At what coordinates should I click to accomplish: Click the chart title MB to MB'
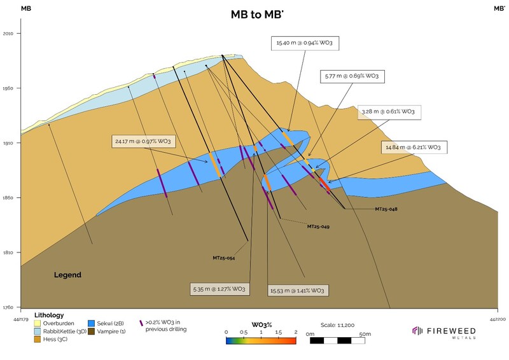click(257, 15)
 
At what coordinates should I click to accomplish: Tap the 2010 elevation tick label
click(8, 34)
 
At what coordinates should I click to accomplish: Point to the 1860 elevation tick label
click(8, 198)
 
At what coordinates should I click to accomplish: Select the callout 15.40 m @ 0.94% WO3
click(305, 43)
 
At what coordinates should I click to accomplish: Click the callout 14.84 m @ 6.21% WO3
click(414, 148)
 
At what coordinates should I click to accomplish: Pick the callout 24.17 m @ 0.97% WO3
click(143, 142)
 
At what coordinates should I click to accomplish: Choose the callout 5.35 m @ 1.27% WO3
click(220, 289)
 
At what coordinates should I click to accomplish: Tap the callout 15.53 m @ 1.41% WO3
click(298, 291)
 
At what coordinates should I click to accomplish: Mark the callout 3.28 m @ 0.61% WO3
click(389, 112)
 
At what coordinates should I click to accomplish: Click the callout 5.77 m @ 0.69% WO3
click(352, 76)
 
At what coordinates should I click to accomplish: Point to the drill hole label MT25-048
click(386, 209)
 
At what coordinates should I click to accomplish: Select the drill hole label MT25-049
click(319, 226)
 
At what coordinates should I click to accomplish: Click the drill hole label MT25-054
click(224, 258)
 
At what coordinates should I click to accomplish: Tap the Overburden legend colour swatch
click(38, 323)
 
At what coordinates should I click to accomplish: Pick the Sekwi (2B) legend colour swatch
click(91, 323)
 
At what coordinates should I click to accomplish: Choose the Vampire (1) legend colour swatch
click(91, 331)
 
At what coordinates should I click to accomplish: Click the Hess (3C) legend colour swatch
click(38, 339)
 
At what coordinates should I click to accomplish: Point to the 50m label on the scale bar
click(365, 334)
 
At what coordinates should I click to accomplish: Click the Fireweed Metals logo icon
click(417, 331)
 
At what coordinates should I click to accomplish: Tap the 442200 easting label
click(497, 319)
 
